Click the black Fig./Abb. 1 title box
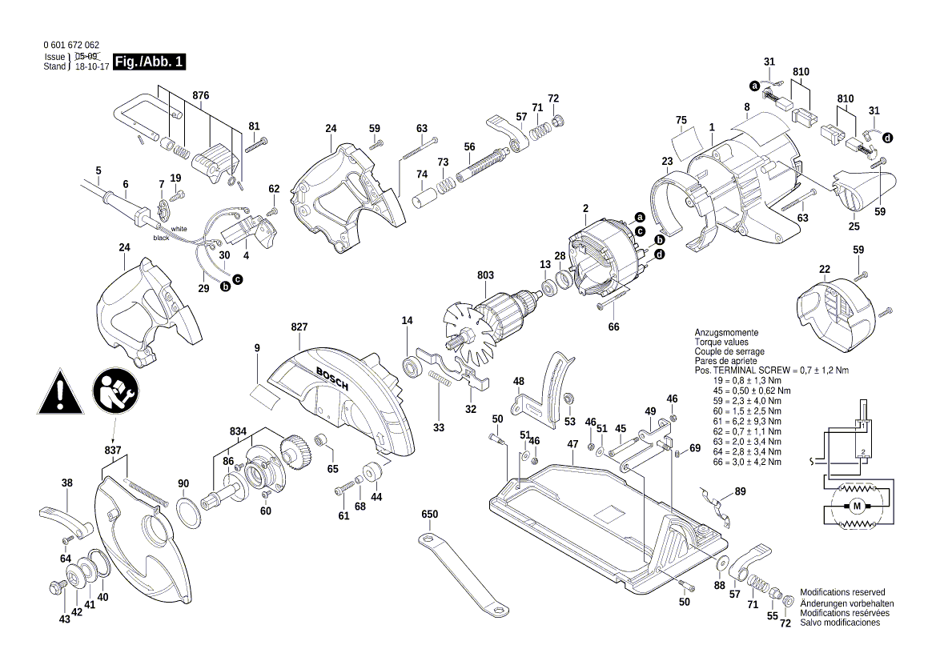(x=150, y=62)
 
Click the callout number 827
(x=299, y=327)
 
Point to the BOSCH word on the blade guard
(x=331, y=377)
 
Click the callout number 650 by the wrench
(x=430, y=513)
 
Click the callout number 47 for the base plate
(x=572, y=443)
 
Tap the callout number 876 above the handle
(x=200, y=95)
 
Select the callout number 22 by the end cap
(x=824, y=268)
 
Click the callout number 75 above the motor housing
(x=681, y=121)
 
